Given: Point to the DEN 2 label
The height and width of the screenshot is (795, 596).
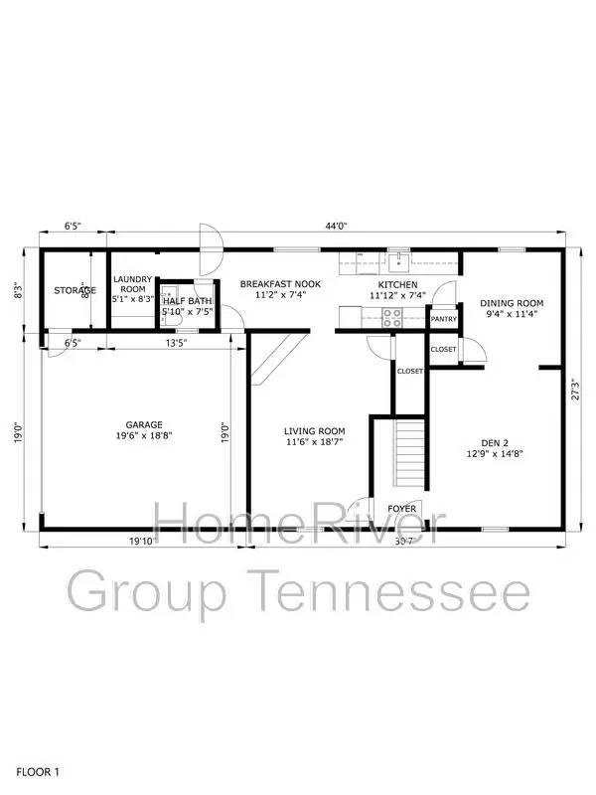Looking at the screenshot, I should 495,446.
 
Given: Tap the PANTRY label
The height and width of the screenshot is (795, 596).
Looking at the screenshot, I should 443,320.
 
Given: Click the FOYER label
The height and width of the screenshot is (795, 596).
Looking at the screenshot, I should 402,509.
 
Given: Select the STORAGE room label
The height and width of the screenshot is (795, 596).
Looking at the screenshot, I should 74,290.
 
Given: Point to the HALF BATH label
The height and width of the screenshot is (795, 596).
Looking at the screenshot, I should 188,301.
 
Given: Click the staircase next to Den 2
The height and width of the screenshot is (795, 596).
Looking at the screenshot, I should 410,454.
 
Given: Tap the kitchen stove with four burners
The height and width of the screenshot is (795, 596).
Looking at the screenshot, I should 392,318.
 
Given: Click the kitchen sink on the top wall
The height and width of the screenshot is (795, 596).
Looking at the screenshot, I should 397,261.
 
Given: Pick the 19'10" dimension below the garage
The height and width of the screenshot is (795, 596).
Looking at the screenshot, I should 141,543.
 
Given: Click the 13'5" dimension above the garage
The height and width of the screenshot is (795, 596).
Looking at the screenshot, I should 175,344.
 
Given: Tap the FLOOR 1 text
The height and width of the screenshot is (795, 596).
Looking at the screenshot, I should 39,771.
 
